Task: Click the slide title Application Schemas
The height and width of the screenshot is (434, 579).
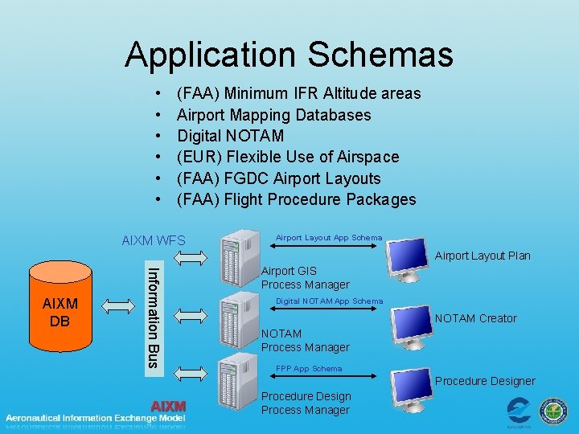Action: (x=289, y=55)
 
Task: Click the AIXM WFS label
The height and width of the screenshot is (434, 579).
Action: (x=153, y=241)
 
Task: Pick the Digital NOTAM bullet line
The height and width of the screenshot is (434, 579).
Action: (x=230, y=136)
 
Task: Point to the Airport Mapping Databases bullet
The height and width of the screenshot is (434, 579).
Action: (x=273, y=115)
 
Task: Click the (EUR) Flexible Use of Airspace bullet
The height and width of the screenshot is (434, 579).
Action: (x=288, y=157)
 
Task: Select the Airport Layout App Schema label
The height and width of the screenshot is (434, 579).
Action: (x=329, y=238)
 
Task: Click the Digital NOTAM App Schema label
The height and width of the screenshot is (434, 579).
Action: (x=329, y=301)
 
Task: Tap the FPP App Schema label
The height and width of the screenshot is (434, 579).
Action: (x=308, y=369)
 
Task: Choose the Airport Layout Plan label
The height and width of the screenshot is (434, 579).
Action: (x=482, y=256)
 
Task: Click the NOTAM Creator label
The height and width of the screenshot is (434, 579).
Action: (x=476, y=318)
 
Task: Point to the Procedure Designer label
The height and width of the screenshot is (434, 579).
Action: (x=485, y=381)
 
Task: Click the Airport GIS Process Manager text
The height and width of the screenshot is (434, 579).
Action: (x=306, y=278)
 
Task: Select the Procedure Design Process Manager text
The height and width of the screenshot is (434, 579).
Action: (x=306, y=403)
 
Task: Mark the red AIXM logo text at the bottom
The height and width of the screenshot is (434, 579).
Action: (x=168, y=407)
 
